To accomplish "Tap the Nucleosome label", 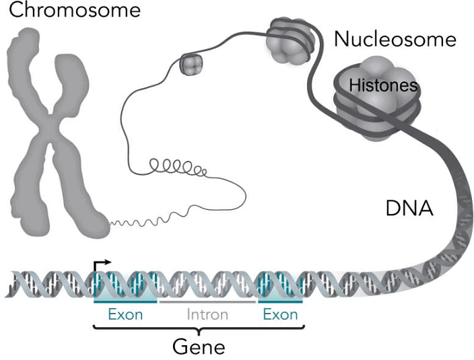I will click(x=395, y=39).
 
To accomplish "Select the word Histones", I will click(x=382, y=86).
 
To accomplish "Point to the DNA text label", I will click(x=409, y=209).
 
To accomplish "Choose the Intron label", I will click(x=207, y=314).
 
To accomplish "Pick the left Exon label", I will click(x=125, y=314).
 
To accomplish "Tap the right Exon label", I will click(x=280, y=314).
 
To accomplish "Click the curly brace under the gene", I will click(x=198, y=329).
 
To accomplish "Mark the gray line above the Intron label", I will click(x=207, y=303).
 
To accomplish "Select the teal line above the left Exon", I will click(x=125, y=303).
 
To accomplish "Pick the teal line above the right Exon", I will click(x=280, y=303).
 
